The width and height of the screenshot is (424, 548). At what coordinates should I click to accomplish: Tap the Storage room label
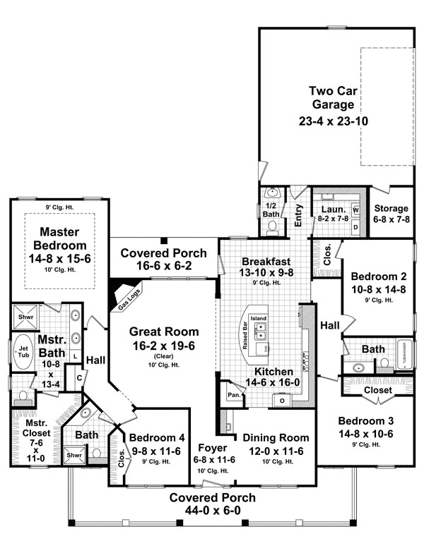point(391,209)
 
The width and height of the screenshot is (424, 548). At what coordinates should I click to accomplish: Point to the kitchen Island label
point(260,319)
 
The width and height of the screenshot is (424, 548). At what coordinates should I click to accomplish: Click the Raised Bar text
point(244,334)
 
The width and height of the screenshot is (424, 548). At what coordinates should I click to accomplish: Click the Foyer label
point(212,446)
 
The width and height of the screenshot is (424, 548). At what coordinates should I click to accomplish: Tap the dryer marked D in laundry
point(355,227)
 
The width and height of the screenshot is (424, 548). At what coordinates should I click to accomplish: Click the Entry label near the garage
point(299,213)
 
